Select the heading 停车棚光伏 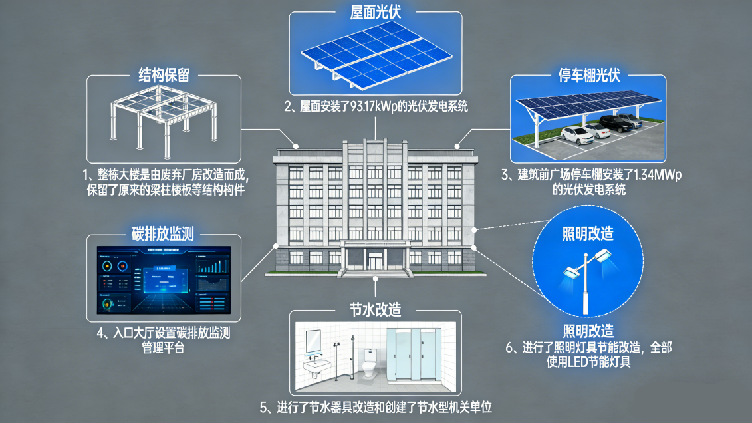(x=589, y=74)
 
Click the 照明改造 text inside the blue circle (x=588, y=233)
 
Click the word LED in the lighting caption (x=577, y=362)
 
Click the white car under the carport (x=577, y=134)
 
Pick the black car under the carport (x=613, y=123)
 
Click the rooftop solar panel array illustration (x=376, y=57)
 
